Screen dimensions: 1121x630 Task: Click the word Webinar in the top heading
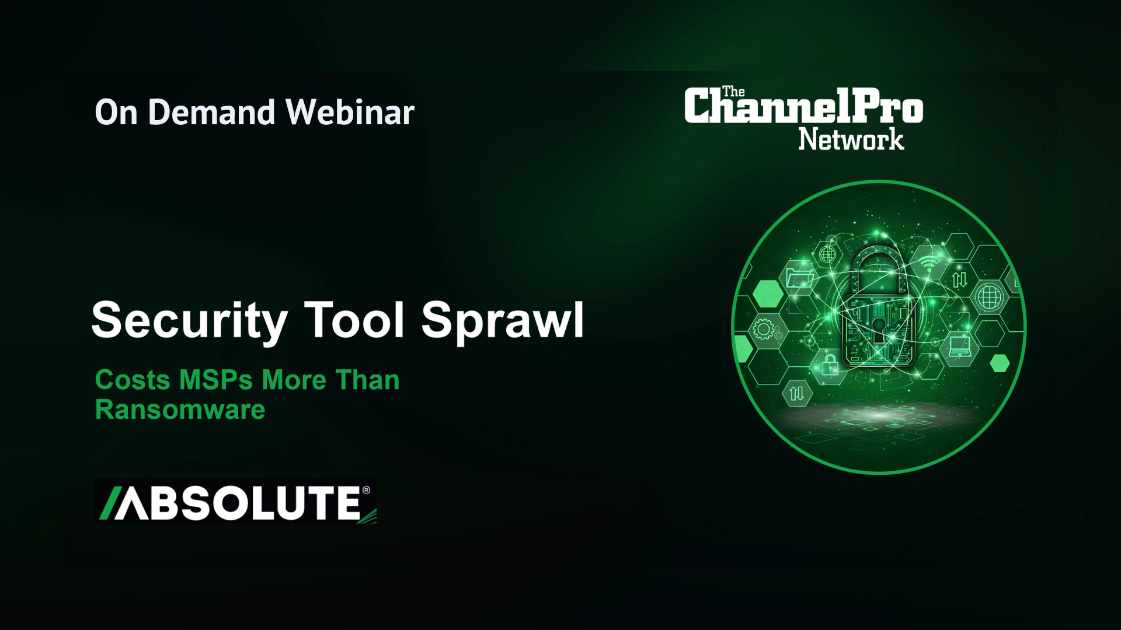(x=350, y=112)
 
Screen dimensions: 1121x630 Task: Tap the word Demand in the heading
(x=212, y=112)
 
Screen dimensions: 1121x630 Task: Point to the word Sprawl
(x=503, y=321)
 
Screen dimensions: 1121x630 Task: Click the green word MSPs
(x=216, y=380)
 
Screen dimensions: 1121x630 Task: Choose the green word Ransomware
(x=180, y=409)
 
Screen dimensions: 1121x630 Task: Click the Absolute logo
(x=235, y=502)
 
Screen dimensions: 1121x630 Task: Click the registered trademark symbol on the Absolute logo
(x=366, y=490)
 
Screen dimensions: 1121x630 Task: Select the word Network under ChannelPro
(x=851, y=139)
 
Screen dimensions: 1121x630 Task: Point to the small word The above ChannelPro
(x=733, y=92)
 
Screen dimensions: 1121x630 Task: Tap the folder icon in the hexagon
(x=800, y=276)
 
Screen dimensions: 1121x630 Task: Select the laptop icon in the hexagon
(x=959, y=346)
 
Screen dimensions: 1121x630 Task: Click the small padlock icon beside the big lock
(x=830, y=365)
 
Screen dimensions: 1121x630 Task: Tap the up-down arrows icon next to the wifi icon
(x=960, y=280)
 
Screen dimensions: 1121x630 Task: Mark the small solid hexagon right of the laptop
(x=1000, y=363)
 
